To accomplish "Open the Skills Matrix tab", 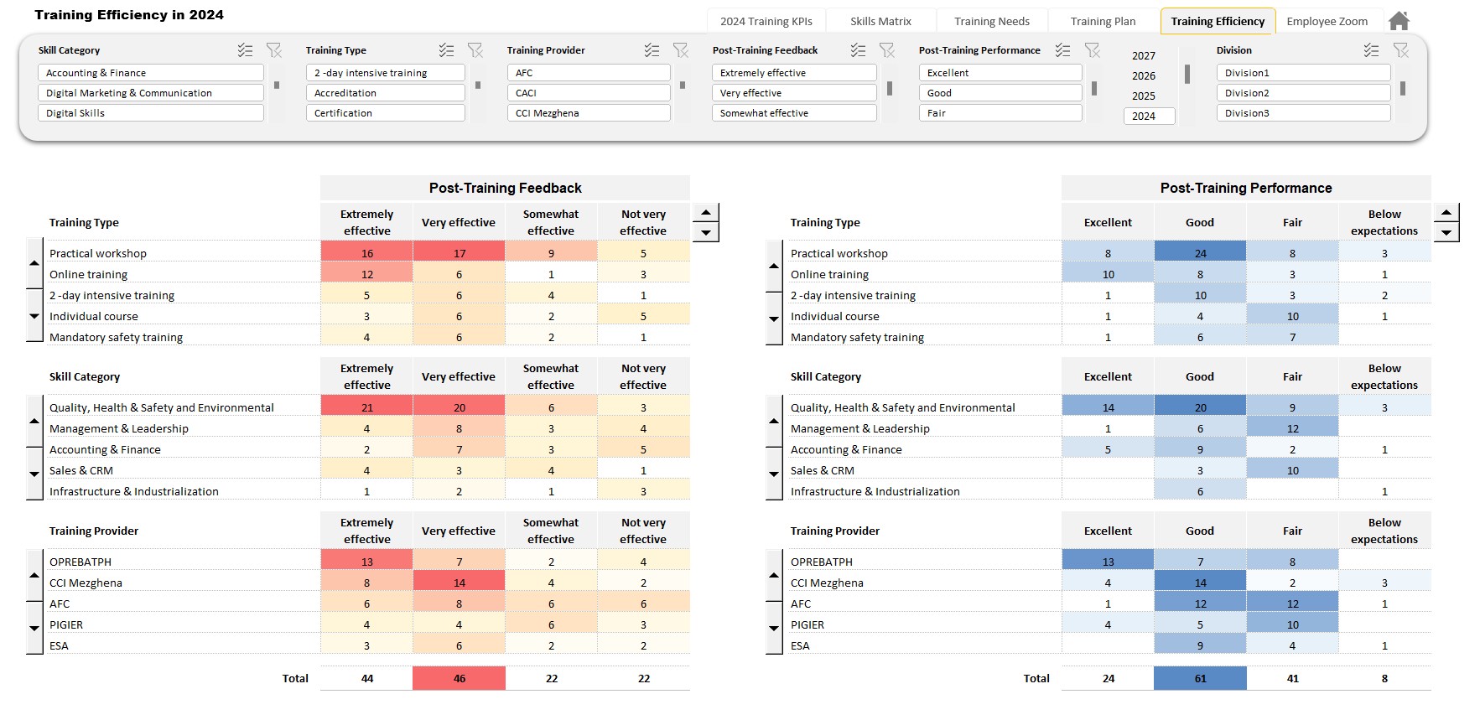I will coord(880,21).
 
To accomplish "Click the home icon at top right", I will coord(1399,21).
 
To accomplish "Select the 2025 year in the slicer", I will coord(1144,96).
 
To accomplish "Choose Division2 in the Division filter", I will coord(1302,93).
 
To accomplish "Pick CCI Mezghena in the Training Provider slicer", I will coord(588,113).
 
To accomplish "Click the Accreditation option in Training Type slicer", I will coord(385,93).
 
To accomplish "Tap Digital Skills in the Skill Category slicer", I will coord(150,113).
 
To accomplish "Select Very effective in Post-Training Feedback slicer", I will coord(793,93).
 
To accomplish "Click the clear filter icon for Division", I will coord(1400,50).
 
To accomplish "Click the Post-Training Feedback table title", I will coord(505,188).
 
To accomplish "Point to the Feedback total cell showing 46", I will coord(459,678).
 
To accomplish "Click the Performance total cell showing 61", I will coord(1200,678).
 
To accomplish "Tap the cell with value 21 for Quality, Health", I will coord(366,407).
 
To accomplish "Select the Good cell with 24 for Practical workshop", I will coord(1200,253).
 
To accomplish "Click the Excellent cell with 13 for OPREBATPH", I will coord(1108,562).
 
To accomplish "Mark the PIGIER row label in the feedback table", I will coord(66,624).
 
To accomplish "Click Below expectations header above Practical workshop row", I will coord(1384,222).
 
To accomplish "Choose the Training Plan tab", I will coord(1103,21).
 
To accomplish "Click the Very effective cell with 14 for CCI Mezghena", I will coord(459,583).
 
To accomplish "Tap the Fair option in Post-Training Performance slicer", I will coord(1000,113).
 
